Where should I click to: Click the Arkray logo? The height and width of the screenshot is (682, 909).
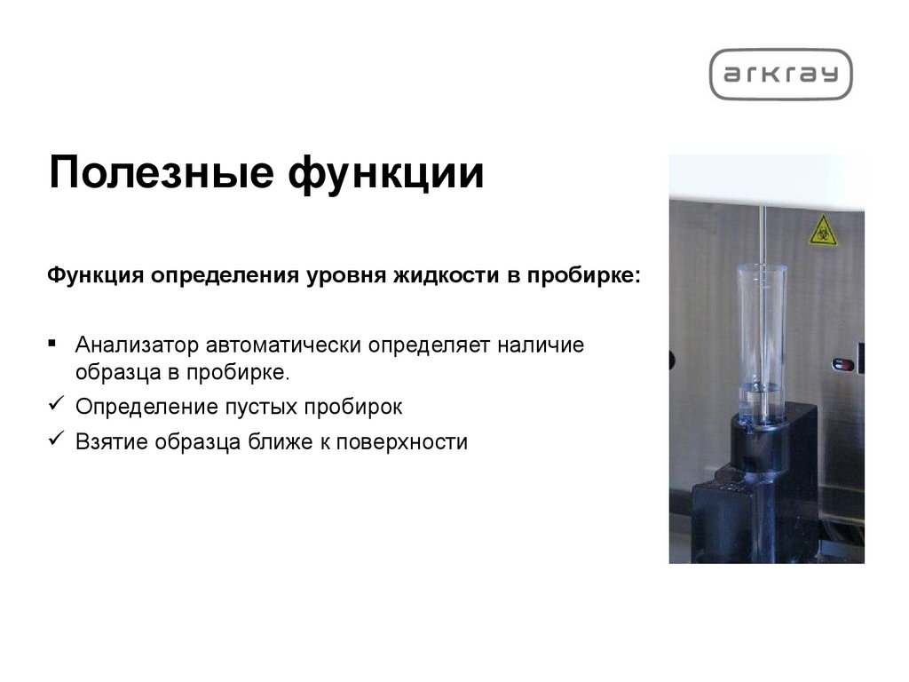pos(780,75)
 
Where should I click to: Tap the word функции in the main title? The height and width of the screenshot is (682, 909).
pos(386,171)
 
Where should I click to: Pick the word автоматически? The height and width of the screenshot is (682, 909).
pos(283,345)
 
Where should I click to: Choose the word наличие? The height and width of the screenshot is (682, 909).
pos(543,345)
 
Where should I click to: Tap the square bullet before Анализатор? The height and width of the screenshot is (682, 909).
pos(54,342)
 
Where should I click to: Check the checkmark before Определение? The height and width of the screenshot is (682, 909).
pos(54,405)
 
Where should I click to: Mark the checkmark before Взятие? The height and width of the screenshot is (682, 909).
pos(54,439)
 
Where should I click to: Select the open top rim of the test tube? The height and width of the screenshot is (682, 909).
pos(762,268)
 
